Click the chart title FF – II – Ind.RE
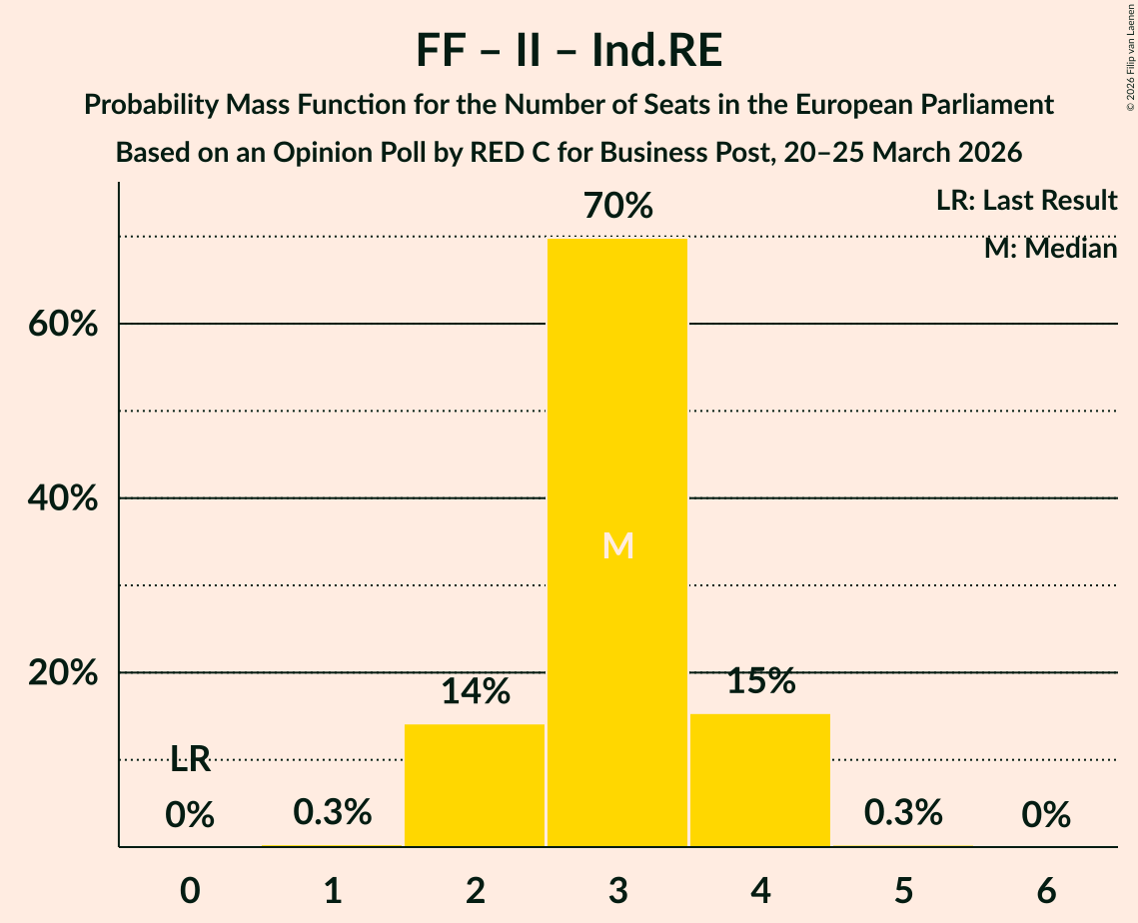(x=569, y=52)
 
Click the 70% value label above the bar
(x=617, y=207)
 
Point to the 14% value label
(x=475, y=691)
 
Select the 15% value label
(x=760, y=681)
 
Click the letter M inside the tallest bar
(x=617, y=545)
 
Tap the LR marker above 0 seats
(x=190, y=760)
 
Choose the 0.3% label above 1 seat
(x=332, y=813)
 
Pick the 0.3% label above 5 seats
(x=903, y=813)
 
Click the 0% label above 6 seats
(x=1046, y=816)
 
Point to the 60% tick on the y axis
(x=62, y=325)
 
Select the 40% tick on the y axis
(x=62, y=498)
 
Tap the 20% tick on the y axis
(x=62, y=673)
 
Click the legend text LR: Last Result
(x=1026, y=201)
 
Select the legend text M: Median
(x=1050, y=248)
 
